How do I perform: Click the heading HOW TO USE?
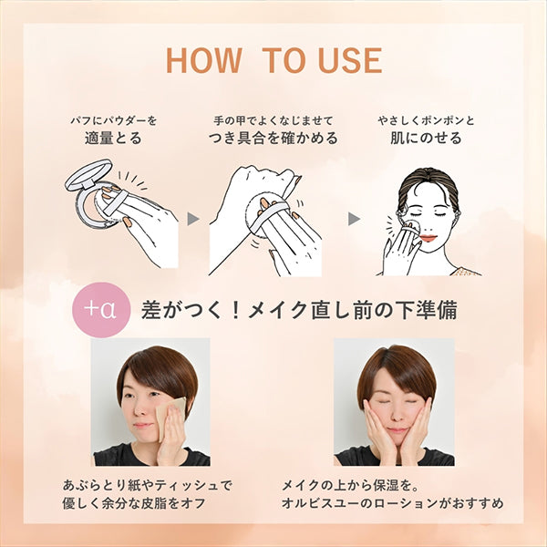[x=274, y=60]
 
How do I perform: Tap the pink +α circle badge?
[x=101, y=310]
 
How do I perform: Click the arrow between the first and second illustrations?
[x=193, y=219]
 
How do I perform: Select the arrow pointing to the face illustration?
[x=354, y=219]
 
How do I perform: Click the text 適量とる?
[x=113, y=138]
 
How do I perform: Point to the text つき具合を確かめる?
[x=273, y=138]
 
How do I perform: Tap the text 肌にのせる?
[x=426, y=138]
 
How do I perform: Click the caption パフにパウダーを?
[x=114, y=120]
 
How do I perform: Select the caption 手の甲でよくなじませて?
[x=273, y=120]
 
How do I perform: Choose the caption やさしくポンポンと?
[x=426, y=120]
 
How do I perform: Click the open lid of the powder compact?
[x=88, y=174]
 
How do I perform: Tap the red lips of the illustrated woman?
[x=428, y=239]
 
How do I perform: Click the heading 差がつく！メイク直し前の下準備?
[x=299, y=310]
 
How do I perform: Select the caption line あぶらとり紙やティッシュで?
[x=147, y=485]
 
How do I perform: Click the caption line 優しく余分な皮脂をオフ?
[x=134, y=503]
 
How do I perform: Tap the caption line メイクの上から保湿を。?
[x=350, y=485]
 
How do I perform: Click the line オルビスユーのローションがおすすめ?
[x=392, y=503]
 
